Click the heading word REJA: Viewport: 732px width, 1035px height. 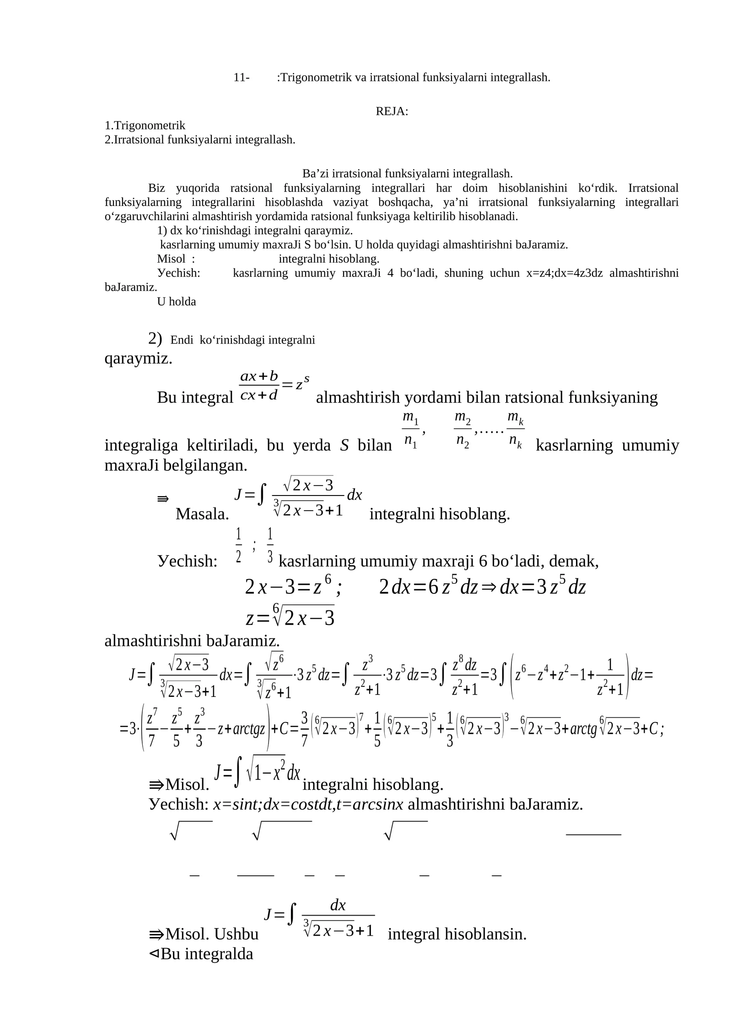[392, 111]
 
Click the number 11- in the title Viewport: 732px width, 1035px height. [241, 77]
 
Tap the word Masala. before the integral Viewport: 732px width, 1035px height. [202, 514]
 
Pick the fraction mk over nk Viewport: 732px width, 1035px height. [516, 430]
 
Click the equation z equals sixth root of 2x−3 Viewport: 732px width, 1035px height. [290, 616]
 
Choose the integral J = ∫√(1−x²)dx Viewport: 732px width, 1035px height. [258, 773]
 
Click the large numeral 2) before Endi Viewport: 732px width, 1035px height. [155, 338]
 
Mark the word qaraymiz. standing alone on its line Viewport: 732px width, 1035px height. [138, 358]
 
